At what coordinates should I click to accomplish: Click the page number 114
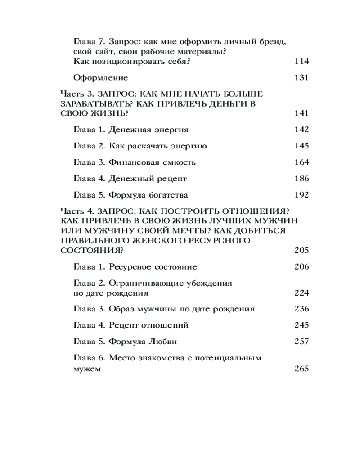point(301,62)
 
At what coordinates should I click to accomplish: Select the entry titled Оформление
point(100,78)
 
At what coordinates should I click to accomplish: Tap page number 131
point(301,78)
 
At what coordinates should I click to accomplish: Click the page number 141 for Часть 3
point(301,113)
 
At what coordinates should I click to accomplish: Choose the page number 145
point(301,146)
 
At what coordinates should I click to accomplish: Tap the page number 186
point(301,179)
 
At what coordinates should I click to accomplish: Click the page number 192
point(301,195)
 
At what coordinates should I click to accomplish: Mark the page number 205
point(301,250)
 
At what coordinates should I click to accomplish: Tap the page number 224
point(301,293)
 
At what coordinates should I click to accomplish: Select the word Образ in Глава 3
point(121,309)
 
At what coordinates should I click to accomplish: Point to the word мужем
point(86,369)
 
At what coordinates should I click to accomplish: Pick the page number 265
point(301,369)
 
